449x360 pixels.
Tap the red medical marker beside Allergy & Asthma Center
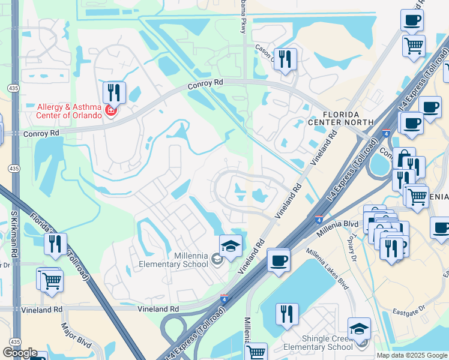110,110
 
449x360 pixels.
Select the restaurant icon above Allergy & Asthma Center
114,92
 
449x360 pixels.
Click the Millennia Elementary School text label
173,260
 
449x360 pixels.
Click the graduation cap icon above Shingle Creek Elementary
359,328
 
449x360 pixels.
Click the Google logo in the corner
20,353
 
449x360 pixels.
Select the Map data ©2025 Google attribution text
412,355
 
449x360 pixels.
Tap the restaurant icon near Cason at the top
285,59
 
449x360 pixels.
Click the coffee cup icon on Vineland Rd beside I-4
279,260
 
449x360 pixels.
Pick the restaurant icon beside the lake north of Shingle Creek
287,314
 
